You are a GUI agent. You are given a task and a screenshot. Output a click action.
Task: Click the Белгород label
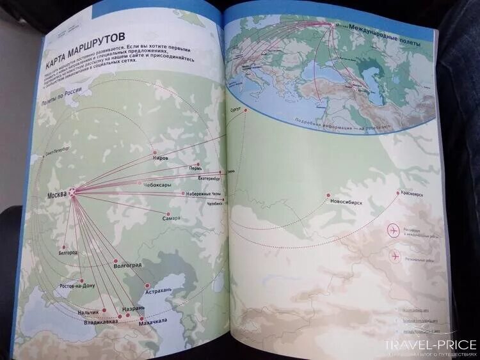(x=67, y=253)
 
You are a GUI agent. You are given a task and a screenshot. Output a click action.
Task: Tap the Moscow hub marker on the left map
(x=72, y=192)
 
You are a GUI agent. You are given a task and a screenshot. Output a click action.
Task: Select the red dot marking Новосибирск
(x=328, y=195)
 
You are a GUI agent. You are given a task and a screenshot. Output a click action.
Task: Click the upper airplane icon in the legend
(x=393, y=230)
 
